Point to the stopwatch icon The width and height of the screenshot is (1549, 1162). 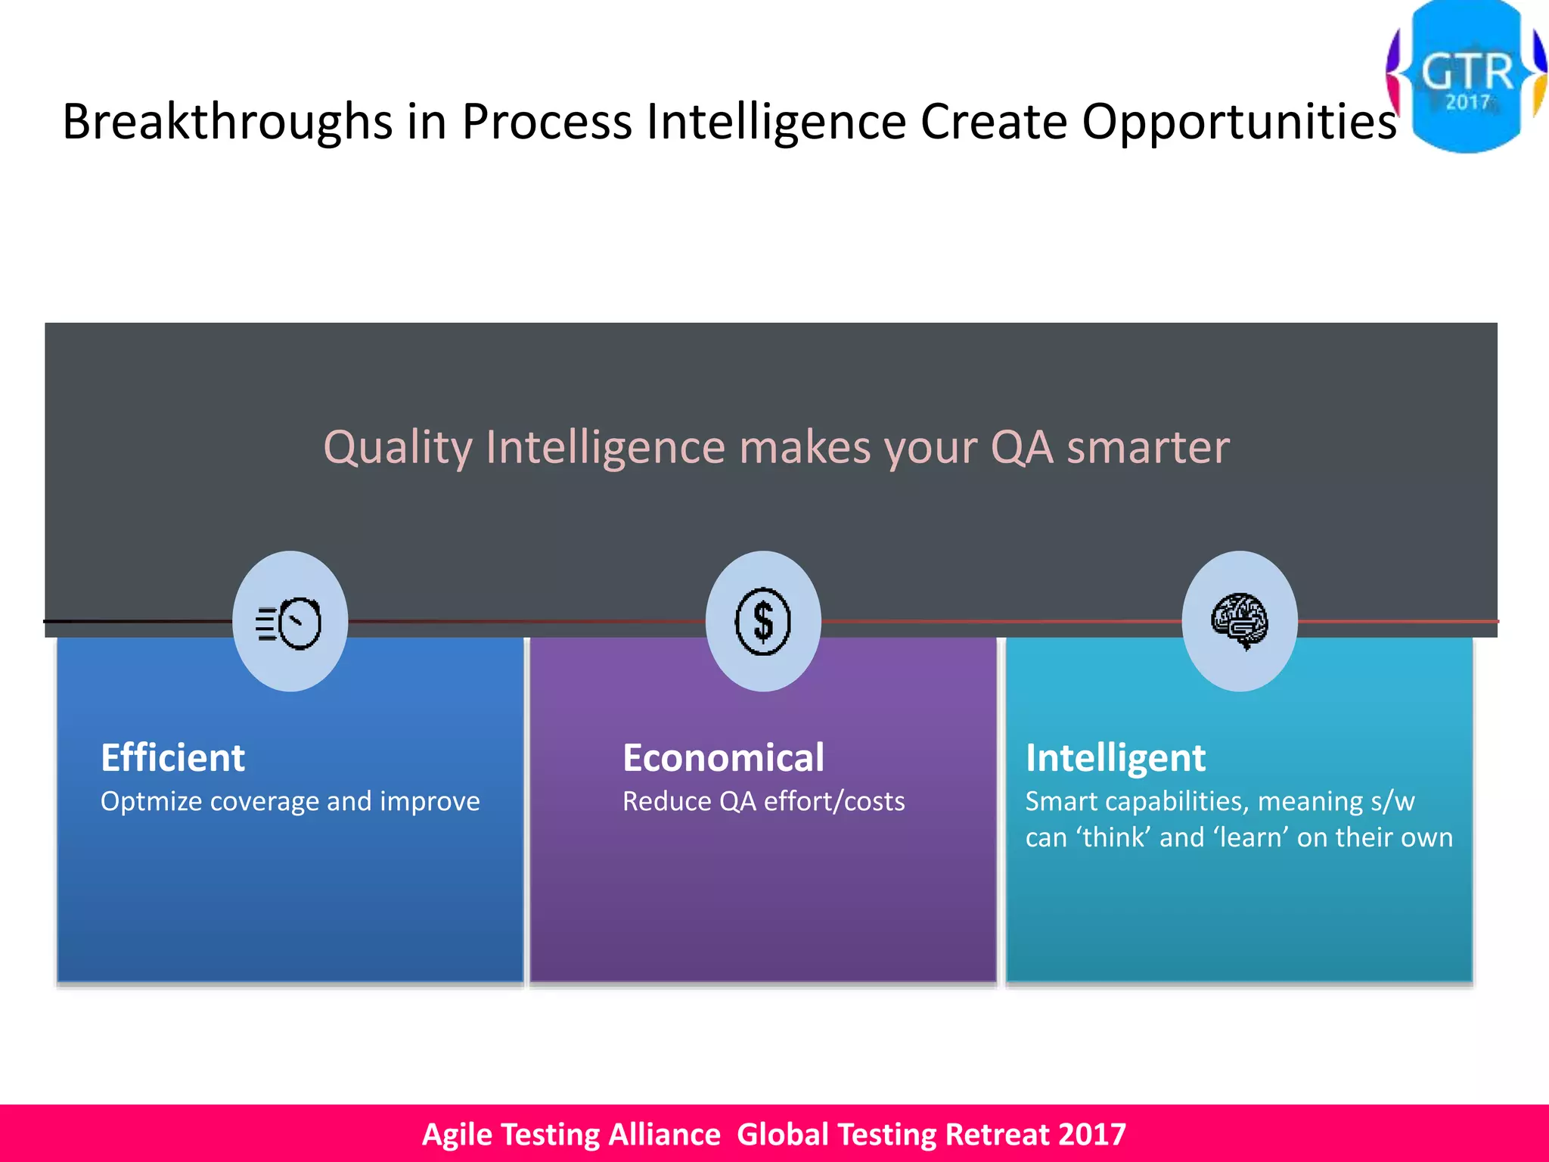tap(290, 623)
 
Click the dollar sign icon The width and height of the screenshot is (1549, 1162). tap(763, 621)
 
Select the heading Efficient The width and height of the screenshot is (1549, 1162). tap(172, 758)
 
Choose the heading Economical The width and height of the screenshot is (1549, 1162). tap(723, 758)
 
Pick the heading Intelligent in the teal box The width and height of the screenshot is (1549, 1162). tap(1115, 758)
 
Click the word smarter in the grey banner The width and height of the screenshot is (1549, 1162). tap(1147, 447)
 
